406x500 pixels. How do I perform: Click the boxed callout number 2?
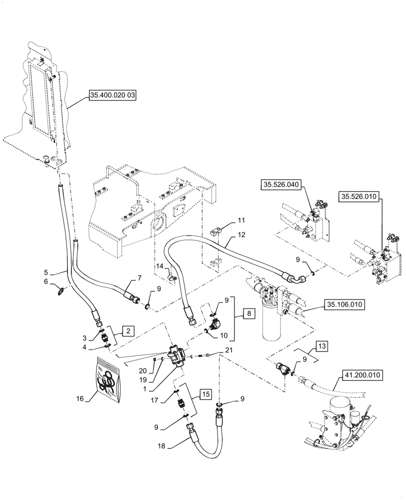[x=128, y=330]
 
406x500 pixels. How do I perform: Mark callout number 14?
[x=160, y=266]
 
